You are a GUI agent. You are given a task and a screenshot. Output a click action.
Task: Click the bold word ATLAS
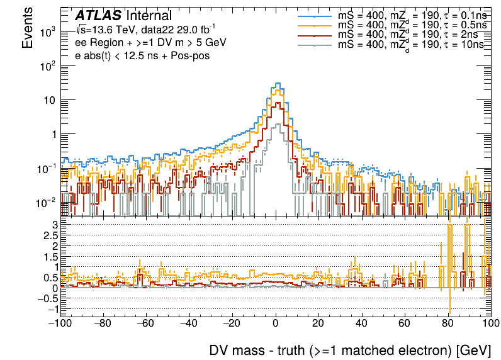98,16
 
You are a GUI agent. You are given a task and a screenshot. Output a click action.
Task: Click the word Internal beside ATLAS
149,16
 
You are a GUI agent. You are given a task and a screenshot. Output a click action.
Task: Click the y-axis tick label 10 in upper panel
50,100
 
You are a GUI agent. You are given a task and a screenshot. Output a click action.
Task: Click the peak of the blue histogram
278,83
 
